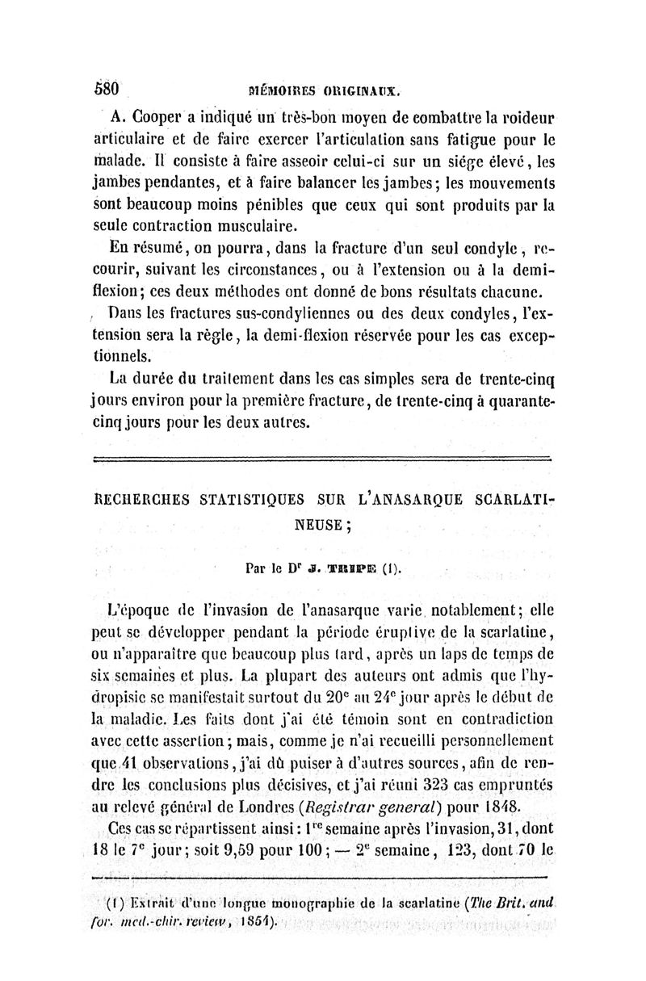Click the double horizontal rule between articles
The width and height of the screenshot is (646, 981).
tap(321, 459)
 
